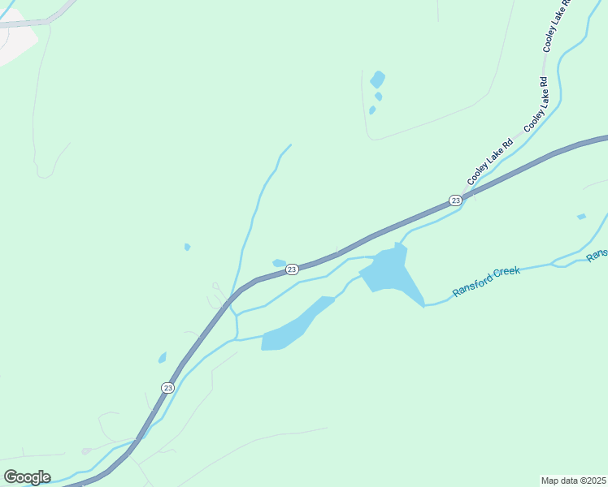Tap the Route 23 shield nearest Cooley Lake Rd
point(455,200)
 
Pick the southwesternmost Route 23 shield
point(167,388)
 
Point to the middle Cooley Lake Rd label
point(537,104)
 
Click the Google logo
point(27,477)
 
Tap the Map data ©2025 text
point(574,481)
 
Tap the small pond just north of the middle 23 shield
point(279,262)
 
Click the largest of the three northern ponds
point(377,79)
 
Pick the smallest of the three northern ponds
point(372,110)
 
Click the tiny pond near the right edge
point(581,217)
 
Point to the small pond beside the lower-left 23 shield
point(163,357)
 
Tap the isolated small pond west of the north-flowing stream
point(187,247)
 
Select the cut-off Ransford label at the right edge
point(597,255)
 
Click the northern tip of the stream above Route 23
point(289,145)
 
